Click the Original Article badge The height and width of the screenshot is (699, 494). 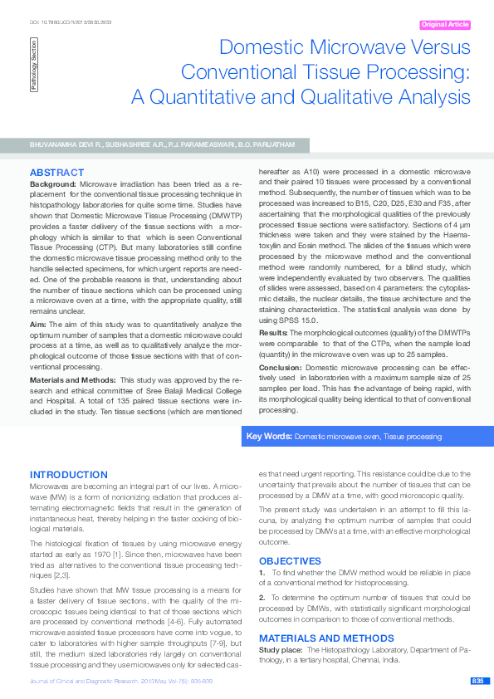(445, 25)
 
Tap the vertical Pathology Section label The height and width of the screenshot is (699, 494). (34, 65)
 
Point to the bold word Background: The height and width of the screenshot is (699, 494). (53, 183)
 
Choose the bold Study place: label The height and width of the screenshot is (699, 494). (281, 650)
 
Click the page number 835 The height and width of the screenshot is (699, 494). (477, 681)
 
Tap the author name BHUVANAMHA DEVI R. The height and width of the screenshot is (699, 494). (66, 145)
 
